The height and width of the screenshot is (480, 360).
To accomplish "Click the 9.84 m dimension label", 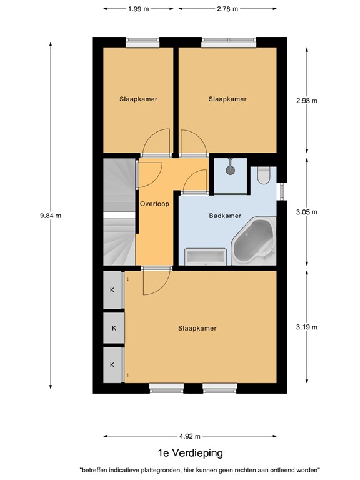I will click(51, 216).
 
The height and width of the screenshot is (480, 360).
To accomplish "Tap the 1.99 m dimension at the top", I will click(138, 9).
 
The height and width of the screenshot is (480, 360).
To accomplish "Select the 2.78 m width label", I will click(227, 9).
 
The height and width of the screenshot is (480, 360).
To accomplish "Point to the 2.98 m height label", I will click(306, 101).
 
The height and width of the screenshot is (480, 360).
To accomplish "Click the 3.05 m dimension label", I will click(306, 212).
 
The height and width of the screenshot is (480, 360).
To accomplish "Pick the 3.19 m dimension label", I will click(306, 327).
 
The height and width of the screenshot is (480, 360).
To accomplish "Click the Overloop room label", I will click(154, 204).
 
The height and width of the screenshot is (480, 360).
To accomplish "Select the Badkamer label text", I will click(225, 216).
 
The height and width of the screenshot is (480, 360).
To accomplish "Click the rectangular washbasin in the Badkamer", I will click(204, 257).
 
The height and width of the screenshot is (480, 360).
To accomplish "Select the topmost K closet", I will click(112, 290).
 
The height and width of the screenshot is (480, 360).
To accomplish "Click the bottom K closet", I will click(112, 364).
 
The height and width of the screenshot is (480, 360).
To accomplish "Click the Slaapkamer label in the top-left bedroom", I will click(138, 99).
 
